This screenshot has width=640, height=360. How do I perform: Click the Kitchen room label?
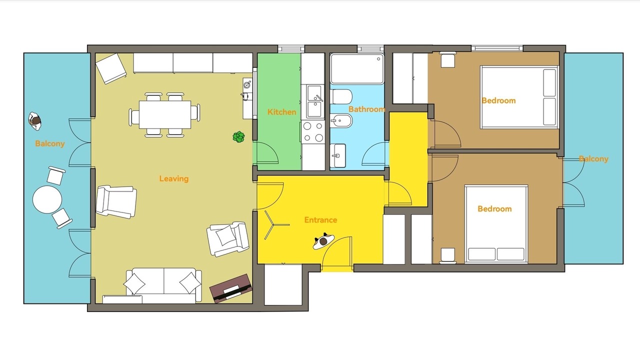pyautogui.click(x=281, y=112)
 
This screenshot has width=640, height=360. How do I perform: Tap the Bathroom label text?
pyautogui.click(x=367, y=109)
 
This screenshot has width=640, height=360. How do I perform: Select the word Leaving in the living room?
pyautogui.click(x=173, y=179)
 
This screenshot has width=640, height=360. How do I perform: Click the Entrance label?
pyautogui.click(x=320, y=220)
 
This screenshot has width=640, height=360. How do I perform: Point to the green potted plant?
pyautogui.click(x=238, y=137)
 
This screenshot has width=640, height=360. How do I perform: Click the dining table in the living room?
pyautogui.click(x=165, y=114)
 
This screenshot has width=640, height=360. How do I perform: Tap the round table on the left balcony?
pyautogui.click(x=47, y=199)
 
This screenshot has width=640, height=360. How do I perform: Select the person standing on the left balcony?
pyautogui.click(x=35, y=121)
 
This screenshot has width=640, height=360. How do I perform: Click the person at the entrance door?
pyautogui.click(x=323, y=241)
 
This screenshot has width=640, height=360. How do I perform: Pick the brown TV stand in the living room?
pyautogui.click(x=231, y=289)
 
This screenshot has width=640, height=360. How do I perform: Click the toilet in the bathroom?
pyautogui.click(x=341, y=96)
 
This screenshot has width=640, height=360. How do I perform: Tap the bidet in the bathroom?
pyautogui.click(x=341, y=120)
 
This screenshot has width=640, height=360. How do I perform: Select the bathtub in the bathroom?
pyautogui.click(x=357, y=69)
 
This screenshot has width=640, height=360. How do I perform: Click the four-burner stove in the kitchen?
pyautogui.click(x=313, y=132)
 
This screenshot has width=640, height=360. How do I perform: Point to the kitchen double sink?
pyautogui.click(x=315, y=101)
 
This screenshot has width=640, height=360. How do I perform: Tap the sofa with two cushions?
pyautogui.click(x=163, y=285)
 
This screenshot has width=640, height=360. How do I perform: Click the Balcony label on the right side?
pyautogui.click(x=593, y=159)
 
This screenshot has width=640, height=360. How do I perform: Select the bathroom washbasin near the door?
pyautogui.click(x=337, y=155)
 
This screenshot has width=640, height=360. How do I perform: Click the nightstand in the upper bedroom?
pyautogui.click(x=447, y=59)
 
